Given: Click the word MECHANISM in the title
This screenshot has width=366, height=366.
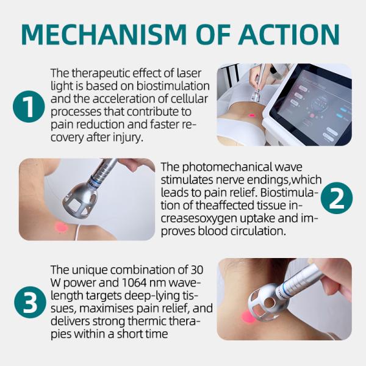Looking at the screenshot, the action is tap(104, 35).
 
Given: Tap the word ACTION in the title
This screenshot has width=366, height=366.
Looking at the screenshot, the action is tap(289, 35).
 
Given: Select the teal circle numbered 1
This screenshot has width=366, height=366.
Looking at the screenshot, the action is tap(29, 106).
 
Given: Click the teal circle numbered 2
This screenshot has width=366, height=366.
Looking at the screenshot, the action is tap(337, 198).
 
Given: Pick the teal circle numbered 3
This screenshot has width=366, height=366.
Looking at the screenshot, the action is tap(30, 302).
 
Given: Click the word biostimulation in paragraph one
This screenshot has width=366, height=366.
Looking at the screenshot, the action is tap(173, 86).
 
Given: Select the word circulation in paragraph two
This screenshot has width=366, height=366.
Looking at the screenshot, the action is tap(258, 231).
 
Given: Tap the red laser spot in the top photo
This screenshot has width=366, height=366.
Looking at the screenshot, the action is tap(251, 115).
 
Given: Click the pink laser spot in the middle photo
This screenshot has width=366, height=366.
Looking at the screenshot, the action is tap(60, 227).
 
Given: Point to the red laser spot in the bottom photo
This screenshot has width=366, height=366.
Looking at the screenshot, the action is tap(248, 317).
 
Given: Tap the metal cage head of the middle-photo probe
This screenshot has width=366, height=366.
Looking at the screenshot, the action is tap(79, 200).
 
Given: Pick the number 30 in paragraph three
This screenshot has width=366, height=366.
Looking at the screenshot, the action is tap(197, 270).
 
